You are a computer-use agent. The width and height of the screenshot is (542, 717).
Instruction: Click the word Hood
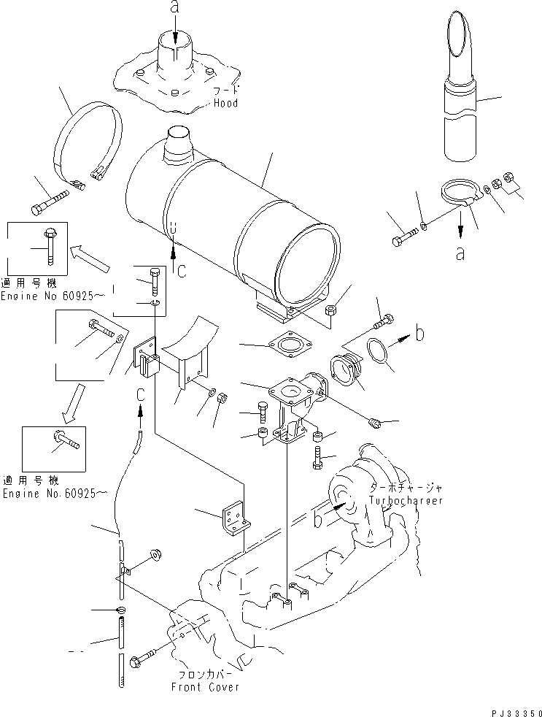[x=225, y=104]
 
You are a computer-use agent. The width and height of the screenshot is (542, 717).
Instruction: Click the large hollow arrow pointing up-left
[x=90, y=258]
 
